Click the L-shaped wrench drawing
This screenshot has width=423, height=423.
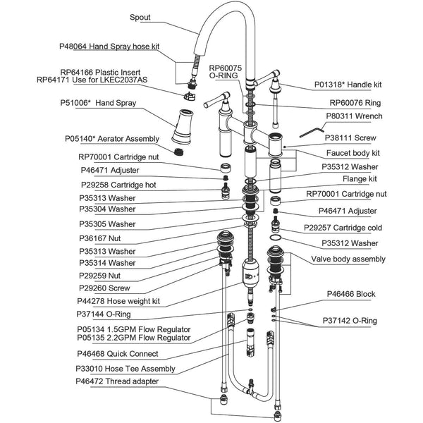tap(310, 130)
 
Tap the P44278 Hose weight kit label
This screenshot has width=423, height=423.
tap(119, 300)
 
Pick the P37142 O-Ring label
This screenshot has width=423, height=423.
tap(350, 321)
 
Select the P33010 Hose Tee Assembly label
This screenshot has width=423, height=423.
tap(126, 368)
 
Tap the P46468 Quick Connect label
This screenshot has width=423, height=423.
tap(118, 354)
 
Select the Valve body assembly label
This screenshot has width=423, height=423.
tap(348, 259)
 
